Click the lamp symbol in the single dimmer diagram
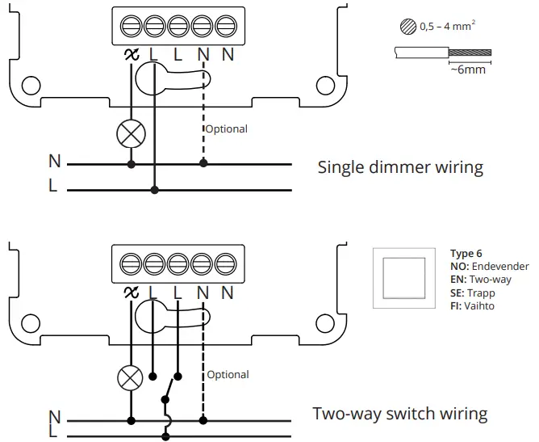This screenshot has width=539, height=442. click(x=131, y=134)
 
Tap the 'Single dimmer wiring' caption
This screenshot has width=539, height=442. click(x=400, y=168)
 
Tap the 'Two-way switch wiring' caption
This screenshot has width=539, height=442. click(x=400, y=415)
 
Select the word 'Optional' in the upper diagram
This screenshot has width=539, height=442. click(x=226, y=129)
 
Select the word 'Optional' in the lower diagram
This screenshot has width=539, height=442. click(x=228, y=375)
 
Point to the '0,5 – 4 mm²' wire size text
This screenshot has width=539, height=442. click(x=446, y=27)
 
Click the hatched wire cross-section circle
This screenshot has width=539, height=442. click(x=407, y=27)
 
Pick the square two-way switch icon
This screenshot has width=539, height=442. click(x=403, y=279)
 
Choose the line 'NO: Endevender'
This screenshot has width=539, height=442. click(x=489, y=267)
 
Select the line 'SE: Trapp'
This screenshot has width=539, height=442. click(x=474, y=293)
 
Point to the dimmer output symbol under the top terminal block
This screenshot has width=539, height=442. click(x=129, y=55)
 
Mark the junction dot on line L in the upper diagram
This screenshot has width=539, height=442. click(x=155, y=191)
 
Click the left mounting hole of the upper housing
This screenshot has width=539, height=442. click(x=31, y=84)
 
